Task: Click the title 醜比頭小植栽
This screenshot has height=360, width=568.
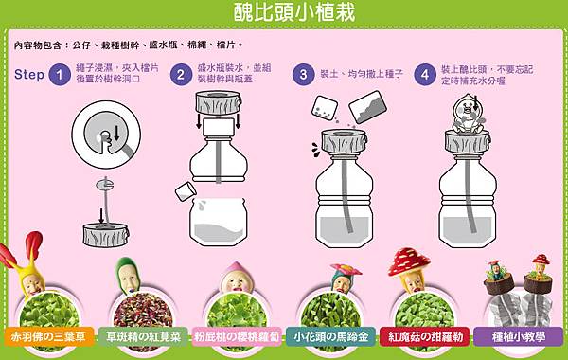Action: (284, 12)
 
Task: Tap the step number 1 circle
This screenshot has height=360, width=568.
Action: (61, 74)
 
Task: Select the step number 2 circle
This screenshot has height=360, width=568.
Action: (180, 74)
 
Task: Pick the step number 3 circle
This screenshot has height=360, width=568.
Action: (303, 74)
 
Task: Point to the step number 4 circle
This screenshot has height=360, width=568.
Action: (424, 74)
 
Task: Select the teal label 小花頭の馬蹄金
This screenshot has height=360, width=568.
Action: (331, 335)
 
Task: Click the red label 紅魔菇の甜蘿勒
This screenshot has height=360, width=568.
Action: (426, 335)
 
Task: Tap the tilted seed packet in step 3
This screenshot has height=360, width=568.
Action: (367, 106)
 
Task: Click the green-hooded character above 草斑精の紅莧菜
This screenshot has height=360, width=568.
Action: (129, 275)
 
